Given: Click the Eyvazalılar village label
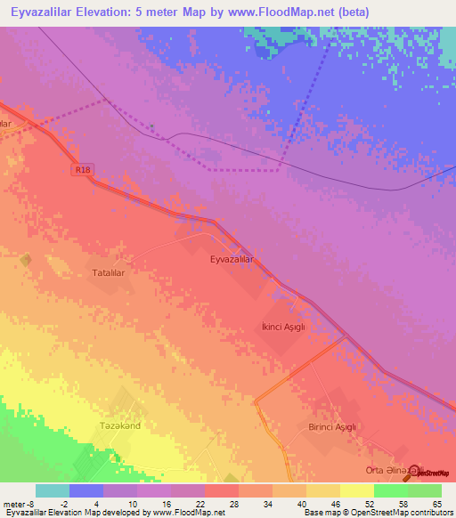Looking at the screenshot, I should pos(232,259).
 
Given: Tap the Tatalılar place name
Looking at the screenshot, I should pos(113,274).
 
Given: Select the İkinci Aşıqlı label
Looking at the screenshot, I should pos(283,327).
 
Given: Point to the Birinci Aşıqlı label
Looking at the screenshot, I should pos(332,427).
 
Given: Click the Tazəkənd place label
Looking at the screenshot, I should pos(120,425).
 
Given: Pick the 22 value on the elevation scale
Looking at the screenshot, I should pos(188,504).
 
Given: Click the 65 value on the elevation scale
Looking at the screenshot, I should pos(436,504).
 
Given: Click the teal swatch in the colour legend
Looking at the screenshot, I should pos(53,490).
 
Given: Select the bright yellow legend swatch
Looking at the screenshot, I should pos(357,490).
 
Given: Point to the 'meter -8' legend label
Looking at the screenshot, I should pos(19,504).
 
